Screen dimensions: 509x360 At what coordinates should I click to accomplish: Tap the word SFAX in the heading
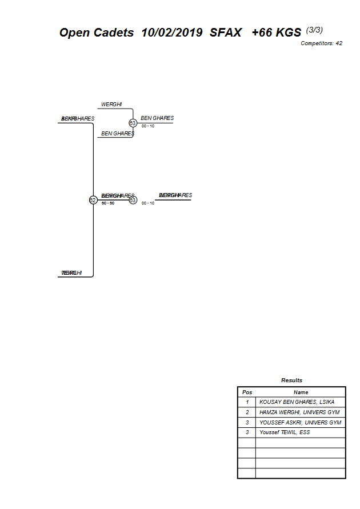point(225,33)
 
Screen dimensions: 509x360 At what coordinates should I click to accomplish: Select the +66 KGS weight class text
point(276,33)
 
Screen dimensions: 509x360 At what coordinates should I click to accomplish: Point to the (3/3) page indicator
point(314,30)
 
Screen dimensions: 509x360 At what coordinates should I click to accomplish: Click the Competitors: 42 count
point(321,43)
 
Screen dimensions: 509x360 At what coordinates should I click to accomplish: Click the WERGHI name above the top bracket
point(111,105)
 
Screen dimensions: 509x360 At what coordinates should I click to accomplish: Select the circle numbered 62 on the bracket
point(93,200)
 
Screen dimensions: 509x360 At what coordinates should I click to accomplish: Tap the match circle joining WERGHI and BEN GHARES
point(133,123)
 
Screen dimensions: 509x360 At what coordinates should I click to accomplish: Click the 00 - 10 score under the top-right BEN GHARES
point(148,126)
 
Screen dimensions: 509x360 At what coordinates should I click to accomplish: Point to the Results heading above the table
point(291,380)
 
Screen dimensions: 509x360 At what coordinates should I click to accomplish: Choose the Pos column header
point(247,392)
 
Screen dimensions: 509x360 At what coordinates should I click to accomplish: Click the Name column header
point(301,392)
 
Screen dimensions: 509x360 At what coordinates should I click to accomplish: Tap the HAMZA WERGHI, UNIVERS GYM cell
point(299,412)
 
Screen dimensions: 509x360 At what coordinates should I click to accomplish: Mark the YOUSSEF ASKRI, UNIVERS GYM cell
point(300,423)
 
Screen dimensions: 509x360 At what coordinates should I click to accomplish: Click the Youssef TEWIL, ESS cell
point(285,432)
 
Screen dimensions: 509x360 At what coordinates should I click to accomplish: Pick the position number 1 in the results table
point(247,402)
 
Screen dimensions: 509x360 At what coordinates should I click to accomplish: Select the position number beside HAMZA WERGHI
point(247,412)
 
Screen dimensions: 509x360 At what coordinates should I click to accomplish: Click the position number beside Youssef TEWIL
point(247,432)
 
